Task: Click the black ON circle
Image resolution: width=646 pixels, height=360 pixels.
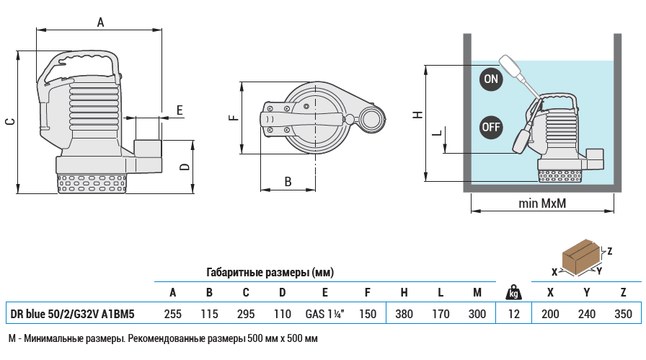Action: coord(491,79)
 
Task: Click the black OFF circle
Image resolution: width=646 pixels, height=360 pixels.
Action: coord(491,128)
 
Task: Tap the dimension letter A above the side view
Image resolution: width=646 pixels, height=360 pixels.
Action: coord(101,23)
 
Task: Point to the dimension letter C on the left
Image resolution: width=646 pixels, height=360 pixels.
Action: coord(10,122)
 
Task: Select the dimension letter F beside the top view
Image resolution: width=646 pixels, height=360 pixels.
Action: coord(233,117)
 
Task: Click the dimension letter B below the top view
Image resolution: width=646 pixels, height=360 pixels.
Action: coord(288,181)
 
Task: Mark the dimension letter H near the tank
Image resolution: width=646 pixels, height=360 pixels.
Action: coord(417,115)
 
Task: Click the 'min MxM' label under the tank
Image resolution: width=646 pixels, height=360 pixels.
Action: coord(542,203)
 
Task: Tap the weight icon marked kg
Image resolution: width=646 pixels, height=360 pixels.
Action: coord(513,292)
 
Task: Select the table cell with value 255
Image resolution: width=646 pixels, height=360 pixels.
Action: coord(172,314)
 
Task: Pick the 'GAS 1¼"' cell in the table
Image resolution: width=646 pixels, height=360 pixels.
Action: coord(324,314)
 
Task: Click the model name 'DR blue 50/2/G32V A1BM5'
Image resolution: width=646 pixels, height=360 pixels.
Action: coord(72,314)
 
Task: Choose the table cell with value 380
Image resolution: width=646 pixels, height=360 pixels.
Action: coord(404,314)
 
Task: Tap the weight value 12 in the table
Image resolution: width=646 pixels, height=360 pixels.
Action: coord(513,314)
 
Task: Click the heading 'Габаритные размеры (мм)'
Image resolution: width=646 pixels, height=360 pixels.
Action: coord(270,273)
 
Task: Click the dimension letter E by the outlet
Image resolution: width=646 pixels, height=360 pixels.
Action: coord(180,110)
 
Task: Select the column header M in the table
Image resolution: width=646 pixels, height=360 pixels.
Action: coord(477,292)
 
